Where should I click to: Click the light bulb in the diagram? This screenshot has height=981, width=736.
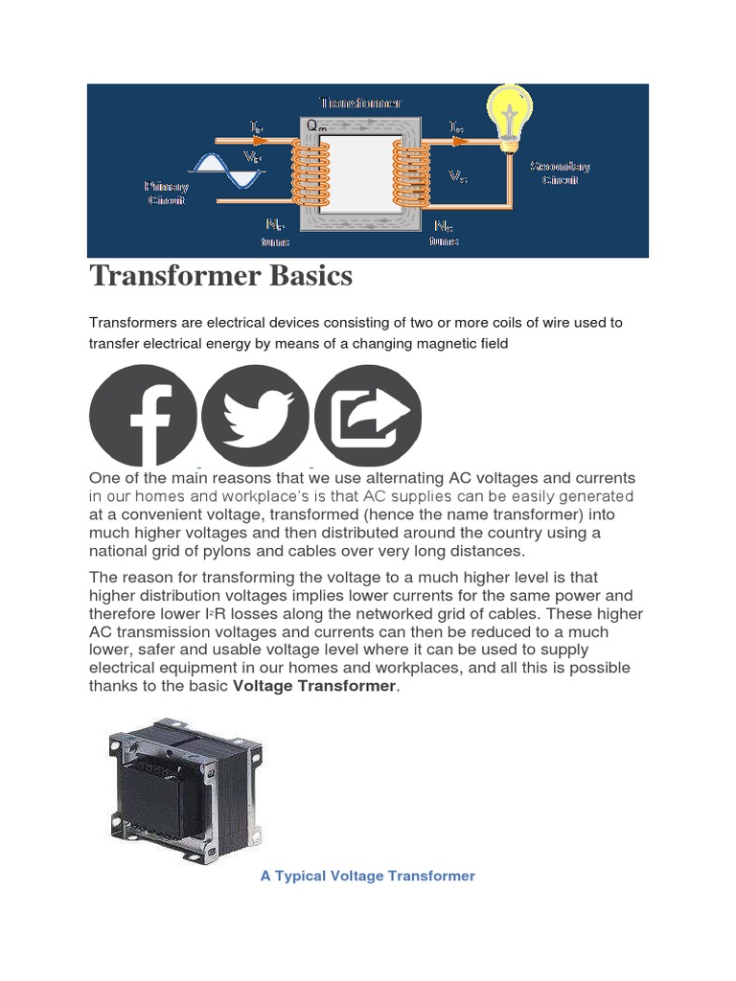point(511,116)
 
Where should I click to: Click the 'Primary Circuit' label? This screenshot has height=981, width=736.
point(166,193)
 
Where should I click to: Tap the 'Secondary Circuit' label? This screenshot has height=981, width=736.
point(561,172)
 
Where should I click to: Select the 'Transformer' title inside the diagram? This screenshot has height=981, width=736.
point(359,102)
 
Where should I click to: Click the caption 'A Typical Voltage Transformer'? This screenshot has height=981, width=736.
point(367,876)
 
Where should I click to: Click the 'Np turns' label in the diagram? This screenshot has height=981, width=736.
point(275,233)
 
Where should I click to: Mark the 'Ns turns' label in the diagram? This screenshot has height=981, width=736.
point(444,234)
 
